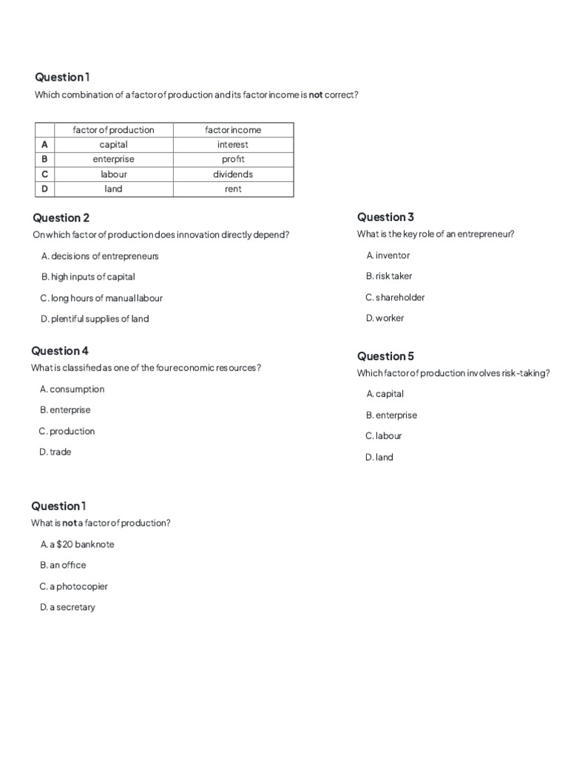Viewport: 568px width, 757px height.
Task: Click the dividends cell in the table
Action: coord(233,174)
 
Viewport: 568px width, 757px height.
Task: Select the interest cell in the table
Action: coord(233,145)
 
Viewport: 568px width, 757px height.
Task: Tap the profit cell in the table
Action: coord(233,160)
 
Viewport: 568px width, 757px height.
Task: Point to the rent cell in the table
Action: coord(233,189)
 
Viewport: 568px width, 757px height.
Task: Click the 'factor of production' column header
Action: coord(113,130)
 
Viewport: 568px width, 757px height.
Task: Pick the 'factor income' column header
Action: coord(233,130)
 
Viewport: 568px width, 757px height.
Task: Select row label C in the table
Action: coord(44,174)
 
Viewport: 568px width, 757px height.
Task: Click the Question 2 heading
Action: coord(61,218)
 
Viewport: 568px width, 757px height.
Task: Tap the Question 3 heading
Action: coord(385,217)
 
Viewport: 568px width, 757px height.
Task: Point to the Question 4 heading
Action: coord(61,351)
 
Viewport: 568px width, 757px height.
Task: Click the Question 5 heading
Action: coord(385,356)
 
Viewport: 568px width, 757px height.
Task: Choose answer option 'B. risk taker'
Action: coord(389,276)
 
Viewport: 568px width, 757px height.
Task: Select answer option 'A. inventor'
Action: coord(388,256)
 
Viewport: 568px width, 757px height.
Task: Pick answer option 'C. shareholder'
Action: coord(395,298)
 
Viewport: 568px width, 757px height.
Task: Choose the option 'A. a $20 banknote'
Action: coord(78,545)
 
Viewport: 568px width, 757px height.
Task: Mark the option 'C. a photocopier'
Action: coord(74,587)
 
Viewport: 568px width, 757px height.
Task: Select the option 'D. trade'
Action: coord(55,452)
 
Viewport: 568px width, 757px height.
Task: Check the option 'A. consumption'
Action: coord(72,390)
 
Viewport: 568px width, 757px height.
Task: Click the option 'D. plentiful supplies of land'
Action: coord(95,319)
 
